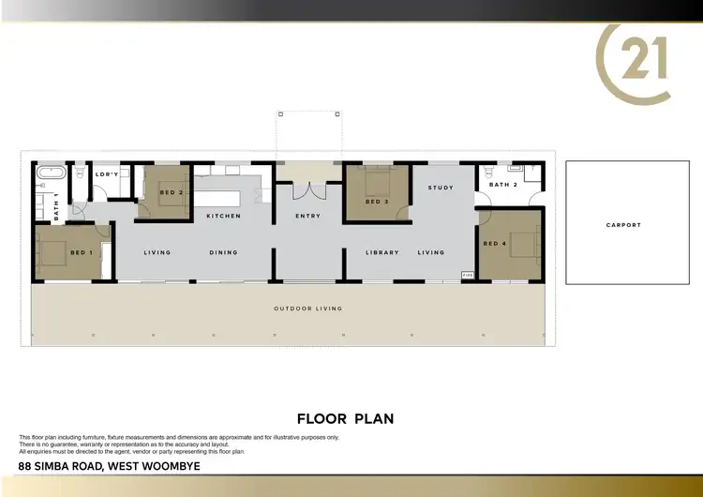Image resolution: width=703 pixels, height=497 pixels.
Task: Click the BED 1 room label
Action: point(82,252)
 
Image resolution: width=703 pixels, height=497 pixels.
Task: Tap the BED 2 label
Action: point(171,192)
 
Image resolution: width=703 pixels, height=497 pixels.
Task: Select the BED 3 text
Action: point(377,202)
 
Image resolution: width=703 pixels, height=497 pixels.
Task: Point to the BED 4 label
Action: point(494,244)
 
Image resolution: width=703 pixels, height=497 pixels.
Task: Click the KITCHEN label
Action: point(223,217)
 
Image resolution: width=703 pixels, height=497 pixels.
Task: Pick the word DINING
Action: point(224,252)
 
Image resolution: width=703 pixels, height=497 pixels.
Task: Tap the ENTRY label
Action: point(307,217)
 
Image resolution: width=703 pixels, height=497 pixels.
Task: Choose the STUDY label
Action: point(441,188)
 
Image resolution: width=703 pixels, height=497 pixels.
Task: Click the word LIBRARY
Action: point(382,252)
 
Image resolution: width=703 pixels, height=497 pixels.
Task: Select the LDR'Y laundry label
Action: point(108,174)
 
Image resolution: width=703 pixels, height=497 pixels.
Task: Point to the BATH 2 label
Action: point(503,185)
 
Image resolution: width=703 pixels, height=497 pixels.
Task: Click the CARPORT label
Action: point(623,225)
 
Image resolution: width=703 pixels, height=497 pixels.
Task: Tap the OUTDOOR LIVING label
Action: point(307,309)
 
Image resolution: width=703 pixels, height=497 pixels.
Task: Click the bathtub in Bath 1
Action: point(51,174)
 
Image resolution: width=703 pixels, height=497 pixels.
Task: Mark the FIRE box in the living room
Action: point(467,275)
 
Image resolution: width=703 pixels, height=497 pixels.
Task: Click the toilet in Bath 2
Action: point(487,173)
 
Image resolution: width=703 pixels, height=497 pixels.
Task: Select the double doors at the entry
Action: point(307,190)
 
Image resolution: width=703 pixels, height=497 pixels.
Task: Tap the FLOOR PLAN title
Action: point(345,418)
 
